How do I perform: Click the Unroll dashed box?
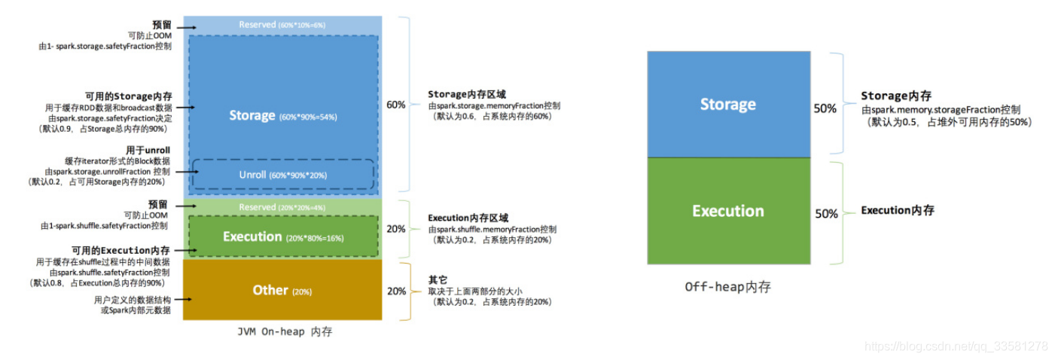[x=283, y=174]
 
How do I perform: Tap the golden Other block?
[x=282, y=290]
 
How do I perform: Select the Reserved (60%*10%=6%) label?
[x=282, y=25]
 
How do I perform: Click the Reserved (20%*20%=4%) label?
[x=282, y=207]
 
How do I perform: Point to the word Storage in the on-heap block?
[x=252, y=115]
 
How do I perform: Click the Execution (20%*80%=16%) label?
[x=282, y=237]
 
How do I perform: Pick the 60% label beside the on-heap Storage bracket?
[x=395, y=105]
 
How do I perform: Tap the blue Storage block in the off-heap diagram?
[x=728, y=105]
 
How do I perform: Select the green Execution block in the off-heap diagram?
[x=728, y=211]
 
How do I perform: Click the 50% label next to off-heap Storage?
[x=825, y=108]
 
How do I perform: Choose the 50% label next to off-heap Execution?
[x=825, y=214]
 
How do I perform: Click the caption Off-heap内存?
[x=728, y=287]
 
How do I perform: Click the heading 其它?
[x=438, y=279]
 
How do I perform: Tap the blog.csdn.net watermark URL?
[x=956, y=346]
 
